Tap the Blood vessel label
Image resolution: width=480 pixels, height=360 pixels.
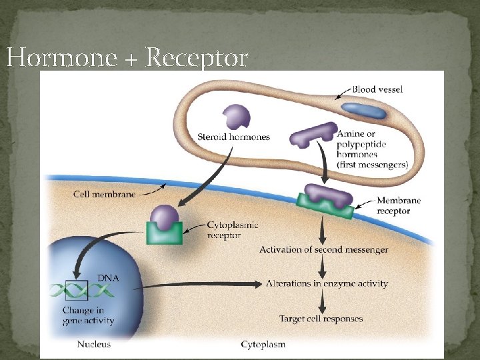[377, 89]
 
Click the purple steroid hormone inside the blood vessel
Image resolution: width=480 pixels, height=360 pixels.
[236, 117]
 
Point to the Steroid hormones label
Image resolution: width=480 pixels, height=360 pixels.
[233, 137]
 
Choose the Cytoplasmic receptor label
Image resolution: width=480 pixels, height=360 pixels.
[233, 230]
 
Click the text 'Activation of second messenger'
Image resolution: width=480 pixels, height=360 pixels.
[323, 250]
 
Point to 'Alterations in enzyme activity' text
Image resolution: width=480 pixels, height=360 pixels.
[327, 283]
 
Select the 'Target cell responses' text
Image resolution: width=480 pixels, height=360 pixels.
[321, 319]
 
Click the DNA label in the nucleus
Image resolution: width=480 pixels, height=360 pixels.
[109, 277]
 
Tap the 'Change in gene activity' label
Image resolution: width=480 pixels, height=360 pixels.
[88, 315]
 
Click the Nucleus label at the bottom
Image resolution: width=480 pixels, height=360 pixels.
[94, 345]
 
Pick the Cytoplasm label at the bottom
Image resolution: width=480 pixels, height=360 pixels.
[263, 345]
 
